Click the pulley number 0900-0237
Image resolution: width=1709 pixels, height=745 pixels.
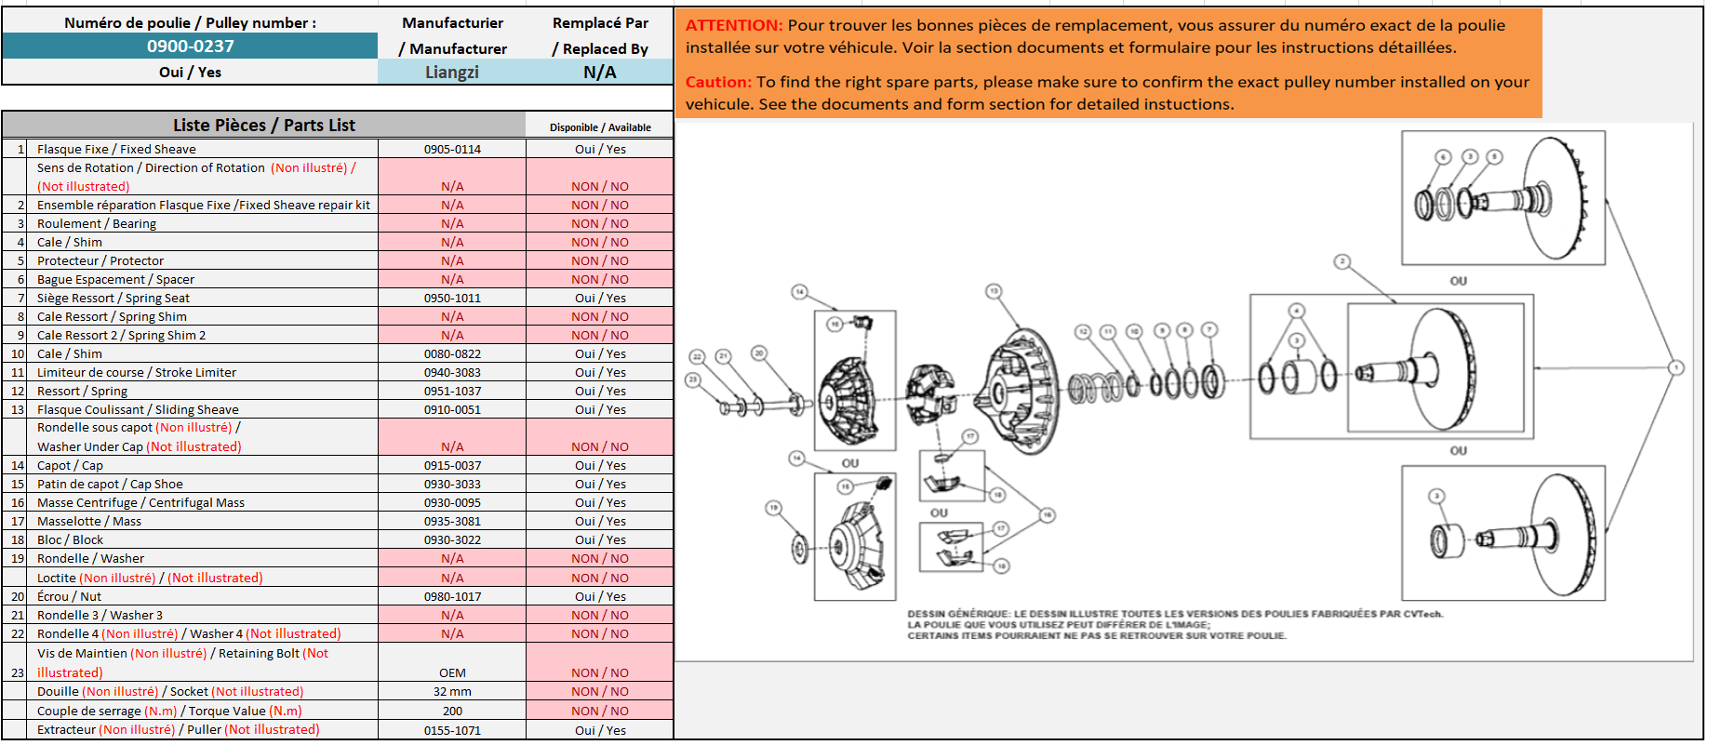(190, 46)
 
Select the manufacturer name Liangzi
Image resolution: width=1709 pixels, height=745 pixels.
(451, 72)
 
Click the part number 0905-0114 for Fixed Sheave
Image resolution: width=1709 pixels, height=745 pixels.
(452, 149)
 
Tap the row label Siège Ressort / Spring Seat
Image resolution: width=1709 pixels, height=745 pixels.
(113, 298)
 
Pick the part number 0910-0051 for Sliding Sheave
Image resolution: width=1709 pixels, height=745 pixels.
(452, 409)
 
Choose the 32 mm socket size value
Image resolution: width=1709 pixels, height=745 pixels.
(452, 691)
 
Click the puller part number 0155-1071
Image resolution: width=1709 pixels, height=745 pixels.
(452, 730)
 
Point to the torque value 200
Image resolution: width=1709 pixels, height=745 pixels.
(452, 711)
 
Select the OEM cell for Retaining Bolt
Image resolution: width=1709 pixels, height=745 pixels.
(452, 672)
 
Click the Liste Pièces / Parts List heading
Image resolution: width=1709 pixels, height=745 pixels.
(263, 125)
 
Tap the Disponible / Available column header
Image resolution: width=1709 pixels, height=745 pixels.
(600, 127)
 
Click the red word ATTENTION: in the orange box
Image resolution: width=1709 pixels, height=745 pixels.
(734, 25)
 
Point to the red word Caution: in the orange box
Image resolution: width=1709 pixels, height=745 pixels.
(718, 82)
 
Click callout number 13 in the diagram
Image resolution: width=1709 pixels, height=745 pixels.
(994, 292)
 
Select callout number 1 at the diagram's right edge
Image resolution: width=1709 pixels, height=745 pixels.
(1676, 367)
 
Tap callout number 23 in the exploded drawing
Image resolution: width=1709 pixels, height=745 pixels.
(692, 379)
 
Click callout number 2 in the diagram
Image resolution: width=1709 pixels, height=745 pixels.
(1342, 262)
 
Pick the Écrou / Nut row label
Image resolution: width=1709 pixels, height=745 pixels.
(69, 596)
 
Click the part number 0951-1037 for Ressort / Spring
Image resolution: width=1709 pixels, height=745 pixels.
(452, 391)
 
